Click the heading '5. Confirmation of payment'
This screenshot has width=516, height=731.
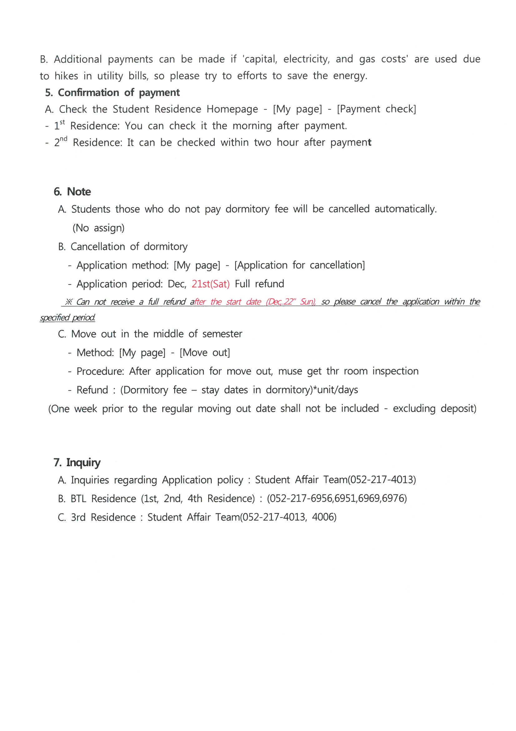click(x=113, y=93)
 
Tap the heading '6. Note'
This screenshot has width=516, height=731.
click(x=72, y=192)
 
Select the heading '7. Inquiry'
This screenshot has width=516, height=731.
click(x=77, y=462)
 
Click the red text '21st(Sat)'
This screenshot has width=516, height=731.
click(x=210, y=284)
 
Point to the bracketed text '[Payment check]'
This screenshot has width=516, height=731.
click(x=376, y=109)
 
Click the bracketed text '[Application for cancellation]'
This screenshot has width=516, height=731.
click(x=299, y=265)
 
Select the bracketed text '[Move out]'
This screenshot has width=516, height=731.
click(x=205, y=352)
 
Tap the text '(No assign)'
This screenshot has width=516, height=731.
click(x=99, y=228)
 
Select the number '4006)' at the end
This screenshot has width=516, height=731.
click(x=324, y=517)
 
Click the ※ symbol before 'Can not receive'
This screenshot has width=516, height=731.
click(x=69, y=302)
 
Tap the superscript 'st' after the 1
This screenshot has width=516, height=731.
click(x=62, y=122)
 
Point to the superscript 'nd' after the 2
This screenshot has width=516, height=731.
click(x=64, y=139)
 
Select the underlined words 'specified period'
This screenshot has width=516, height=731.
click(x=67, y=318)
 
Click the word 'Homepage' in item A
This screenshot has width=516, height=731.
click(x=232, y=109)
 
